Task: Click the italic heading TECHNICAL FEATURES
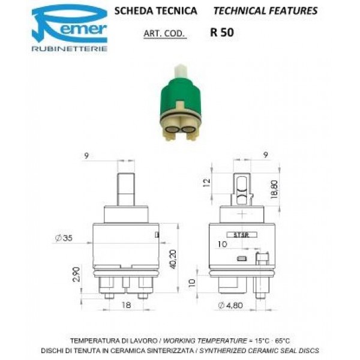265,11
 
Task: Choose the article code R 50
223,34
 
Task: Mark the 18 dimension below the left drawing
127,305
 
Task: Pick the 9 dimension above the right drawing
265,155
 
